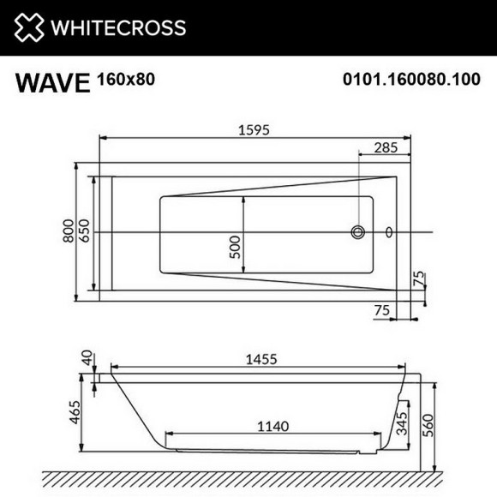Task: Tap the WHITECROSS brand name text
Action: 118,27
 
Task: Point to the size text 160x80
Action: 127,79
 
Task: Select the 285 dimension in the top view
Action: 386,147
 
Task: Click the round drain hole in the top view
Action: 359,231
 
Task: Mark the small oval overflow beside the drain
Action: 390,231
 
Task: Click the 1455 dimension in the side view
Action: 258,360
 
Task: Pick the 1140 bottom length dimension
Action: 272,425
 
